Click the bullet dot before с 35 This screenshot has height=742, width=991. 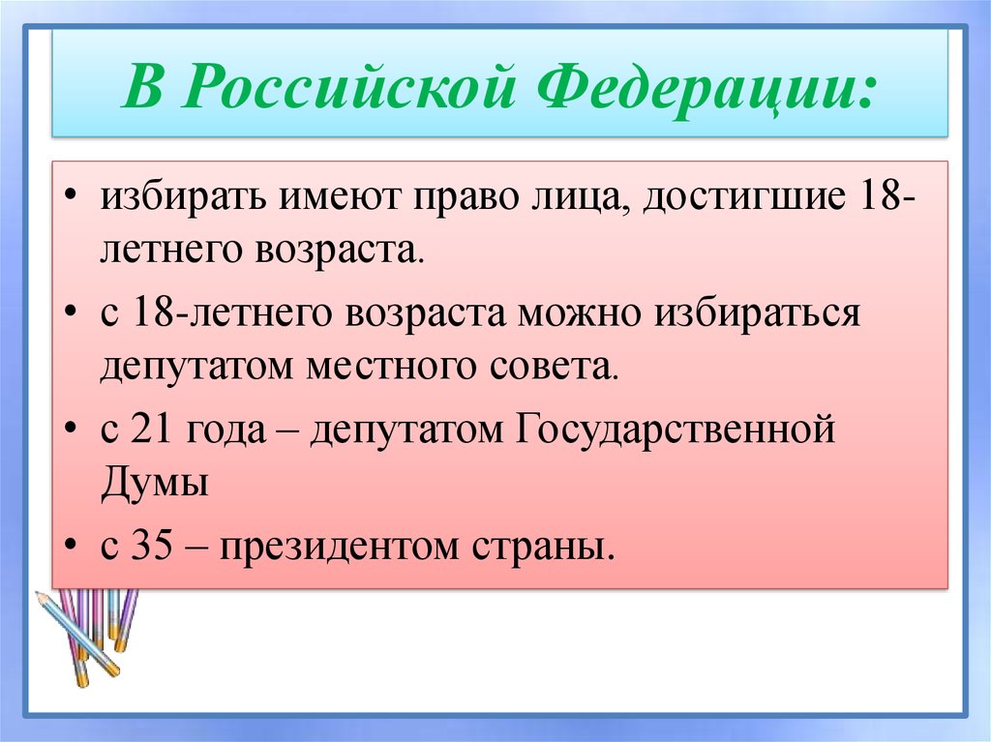(x=75, y=547)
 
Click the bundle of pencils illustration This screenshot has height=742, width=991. (x=87, y=634)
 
